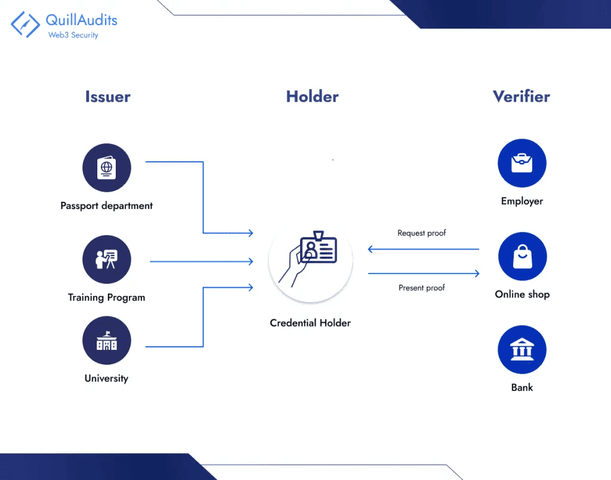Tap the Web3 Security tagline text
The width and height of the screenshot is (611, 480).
tap(73, 35)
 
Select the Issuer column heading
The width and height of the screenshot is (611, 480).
tap(107, 97)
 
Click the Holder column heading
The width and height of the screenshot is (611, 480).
tap(312, 97)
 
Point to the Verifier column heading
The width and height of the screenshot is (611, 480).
tap(521, 97)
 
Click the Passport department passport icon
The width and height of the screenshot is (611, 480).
tap(106, 167)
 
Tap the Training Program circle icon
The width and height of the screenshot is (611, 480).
tap(106, 259)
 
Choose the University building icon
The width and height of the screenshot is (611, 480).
tap(106, 341)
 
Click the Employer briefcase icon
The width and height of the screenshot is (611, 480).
tap(521, 163)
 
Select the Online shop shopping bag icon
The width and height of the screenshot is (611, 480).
tap(521, 257)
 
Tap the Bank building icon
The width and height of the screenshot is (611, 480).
tap(521, 350)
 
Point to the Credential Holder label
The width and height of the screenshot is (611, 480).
tap(310, 323)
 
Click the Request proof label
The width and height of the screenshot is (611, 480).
tap(422, 233)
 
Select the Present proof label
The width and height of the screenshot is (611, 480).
tap(422, 288)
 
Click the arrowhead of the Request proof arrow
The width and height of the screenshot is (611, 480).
tap(371, 249)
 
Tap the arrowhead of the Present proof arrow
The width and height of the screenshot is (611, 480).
tap(477, 273)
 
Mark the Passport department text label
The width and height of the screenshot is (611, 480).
tap(106, 206)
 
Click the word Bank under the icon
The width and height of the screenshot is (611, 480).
tap(521, 387)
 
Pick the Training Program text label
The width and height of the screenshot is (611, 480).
tap(106, 297)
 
